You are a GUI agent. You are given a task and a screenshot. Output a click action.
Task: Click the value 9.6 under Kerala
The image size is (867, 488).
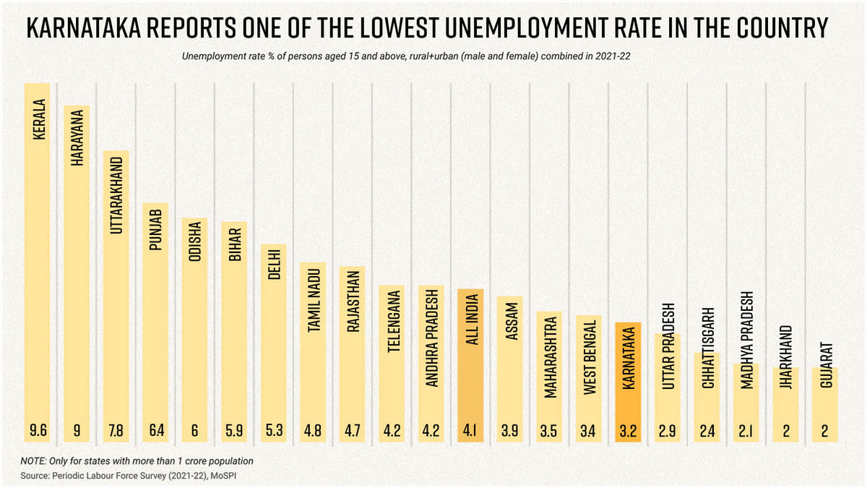[x=38, y=431]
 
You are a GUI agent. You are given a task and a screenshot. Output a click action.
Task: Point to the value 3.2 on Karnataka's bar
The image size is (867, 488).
[x=627, y=431]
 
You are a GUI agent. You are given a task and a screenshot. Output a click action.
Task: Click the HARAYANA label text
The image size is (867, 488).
[x=77, y=140]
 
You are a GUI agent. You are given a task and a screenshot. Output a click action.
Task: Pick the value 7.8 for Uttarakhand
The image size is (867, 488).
[x=116, y=431]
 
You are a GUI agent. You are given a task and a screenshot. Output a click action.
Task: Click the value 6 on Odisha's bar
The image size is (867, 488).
[x=194, y=431]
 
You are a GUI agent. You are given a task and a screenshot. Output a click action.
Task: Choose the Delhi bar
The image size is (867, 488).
[x=273, y=340]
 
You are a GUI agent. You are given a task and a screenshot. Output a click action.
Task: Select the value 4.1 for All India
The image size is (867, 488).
[x=470, y=431]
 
